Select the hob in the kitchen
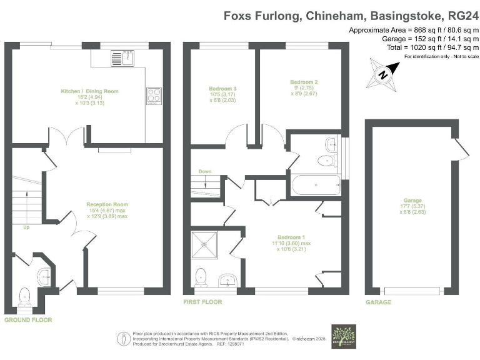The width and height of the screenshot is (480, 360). pyautogui.click(x=154, y=95)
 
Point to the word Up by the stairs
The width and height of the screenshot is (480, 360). pyautogui.click(x=26, y=227)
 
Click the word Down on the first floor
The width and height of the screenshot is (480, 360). pyautogui.click(x=204, y=171)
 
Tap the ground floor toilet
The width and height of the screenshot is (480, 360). pyautogui.click(x=24, y=297)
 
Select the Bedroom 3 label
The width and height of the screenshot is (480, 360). pyautogui.click(x=222, y=92)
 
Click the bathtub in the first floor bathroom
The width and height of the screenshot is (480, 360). pyautogui.click(x=314, y=186)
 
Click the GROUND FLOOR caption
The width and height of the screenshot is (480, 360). pyautogui.click(x=28, y=319)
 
